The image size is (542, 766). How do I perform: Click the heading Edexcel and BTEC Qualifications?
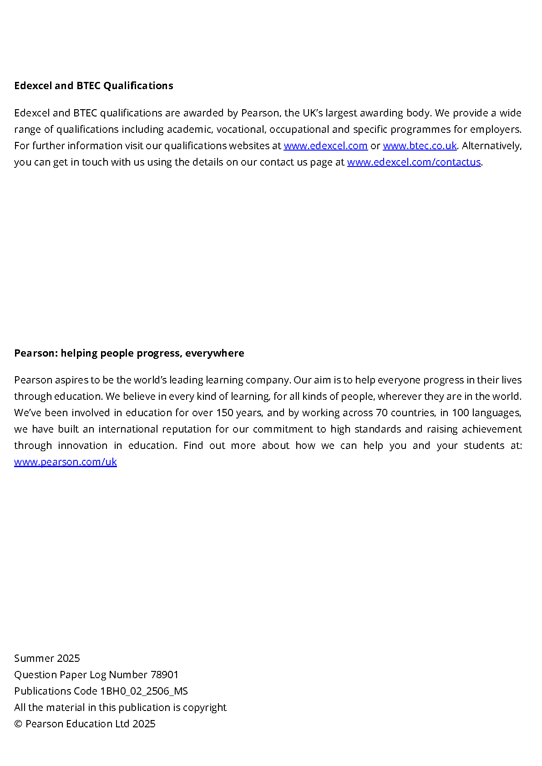click(94, 86)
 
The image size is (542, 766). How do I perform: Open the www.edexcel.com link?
click(325, 146)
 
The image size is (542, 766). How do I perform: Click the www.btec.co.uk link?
click(420, 146)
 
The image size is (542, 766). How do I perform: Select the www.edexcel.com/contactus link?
click(414, 162)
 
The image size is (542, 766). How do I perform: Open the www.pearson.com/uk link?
click(66, 462)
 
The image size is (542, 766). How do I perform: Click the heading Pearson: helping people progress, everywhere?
click(129, 353)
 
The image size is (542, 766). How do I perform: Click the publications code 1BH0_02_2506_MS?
click(144, 691)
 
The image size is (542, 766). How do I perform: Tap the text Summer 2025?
click(47, 658)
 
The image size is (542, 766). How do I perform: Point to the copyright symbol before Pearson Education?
click(18, 724)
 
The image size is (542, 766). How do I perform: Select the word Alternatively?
click(491, 146)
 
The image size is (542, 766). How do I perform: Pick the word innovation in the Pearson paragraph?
click(82, 445)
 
